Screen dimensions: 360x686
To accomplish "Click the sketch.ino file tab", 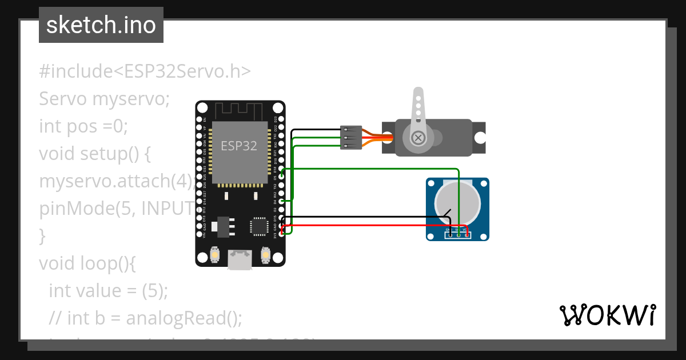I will coord(101,25).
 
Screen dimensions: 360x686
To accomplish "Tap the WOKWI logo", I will coord(607,315).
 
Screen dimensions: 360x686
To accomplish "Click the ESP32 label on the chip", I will coord(239,145).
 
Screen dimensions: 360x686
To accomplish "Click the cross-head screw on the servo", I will coord(418,137).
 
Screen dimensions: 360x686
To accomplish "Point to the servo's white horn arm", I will coord(418,109).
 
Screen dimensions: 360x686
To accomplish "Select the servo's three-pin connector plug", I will coord(350,137).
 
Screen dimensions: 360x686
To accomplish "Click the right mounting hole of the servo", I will coord(481,138).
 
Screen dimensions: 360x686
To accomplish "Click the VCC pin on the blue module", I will coord(467,234).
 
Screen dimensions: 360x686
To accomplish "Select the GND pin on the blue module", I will coord(450,234).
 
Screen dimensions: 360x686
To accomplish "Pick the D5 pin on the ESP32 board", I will coord(281,177).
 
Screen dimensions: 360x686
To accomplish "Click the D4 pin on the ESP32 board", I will coord(281,201).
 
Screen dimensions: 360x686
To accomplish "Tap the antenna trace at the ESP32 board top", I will coord(240,110).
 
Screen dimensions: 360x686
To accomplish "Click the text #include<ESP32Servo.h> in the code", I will coord(145,71).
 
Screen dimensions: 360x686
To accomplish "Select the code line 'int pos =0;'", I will coord(83,126).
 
